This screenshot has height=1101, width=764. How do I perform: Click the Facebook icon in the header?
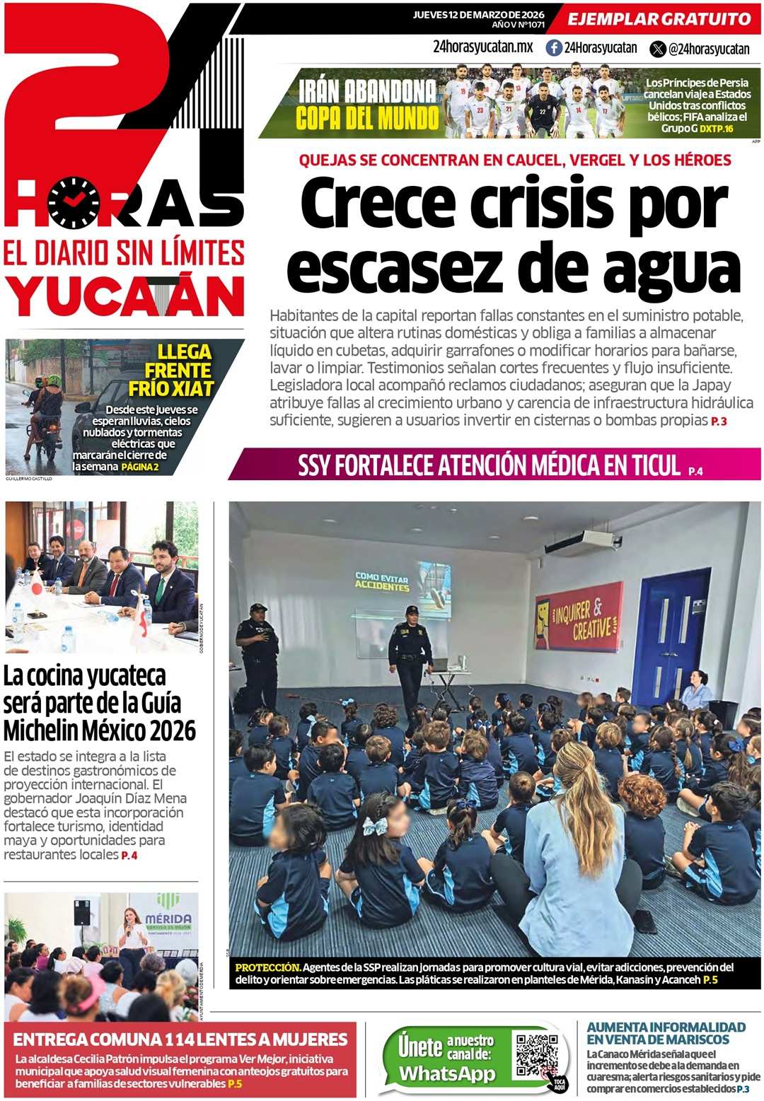pos(554,48)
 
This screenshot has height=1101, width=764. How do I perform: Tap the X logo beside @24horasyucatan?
pos(658,49)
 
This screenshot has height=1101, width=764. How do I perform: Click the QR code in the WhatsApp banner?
pos(537,1055)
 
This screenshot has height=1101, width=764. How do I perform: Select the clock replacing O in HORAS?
pos(74,203)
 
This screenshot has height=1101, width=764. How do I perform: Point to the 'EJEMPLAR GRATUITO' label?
pos(659,19)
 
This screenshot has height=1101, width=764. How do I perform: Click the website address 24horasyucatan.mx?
pos(482,47)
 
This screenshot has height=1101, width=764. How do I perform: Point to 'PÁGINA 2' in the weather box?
pos(140,467)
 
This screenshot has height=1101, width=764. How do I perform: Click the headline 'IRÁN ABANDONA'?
pos(367,91)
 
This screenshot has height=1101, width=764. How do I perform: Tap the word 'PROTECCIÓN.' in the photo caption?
pos(268,967)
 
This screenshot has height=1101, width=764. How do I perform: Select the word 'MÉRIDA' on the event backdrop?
pos(168,918)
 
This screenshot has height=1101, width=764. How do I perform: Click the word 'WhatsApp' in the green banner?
pos(447,1073)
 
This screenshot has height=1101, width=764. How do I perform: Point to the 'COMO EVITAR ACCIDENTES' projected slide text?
pos(382,582)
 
